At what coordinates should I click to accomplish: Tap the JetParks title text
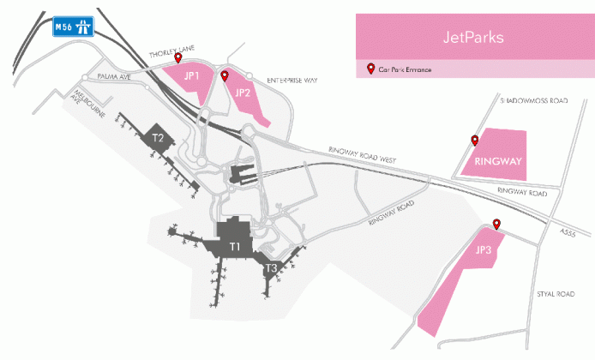click(x=473, y=38)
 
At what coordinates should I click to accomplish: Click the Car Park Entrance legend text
click(x=405, y=69)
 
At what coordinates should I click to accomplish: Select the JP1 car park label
click(x=192, y=75)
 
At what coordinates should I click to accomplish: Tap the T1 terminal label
click(x=236, y=246)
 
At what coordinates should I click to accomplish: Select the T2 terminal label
click(x=158, y=137)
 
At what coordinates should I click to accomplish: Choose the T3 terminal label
click(x=270, y=268)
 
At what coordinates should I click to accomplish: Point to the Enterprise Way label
click(x=291, y=80)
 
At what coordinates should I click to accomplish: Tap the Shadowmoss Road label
click(x=533, y=100)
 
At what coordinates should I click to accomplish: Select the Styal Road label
click(x=555, y=293)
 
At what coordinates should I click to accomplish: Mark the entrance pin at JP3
click(x=496, y=225)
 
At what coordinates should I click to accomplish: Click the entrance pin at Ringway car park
click(x=474, y=140)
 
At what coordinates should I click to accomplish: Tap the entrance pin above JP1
click(x=178, y=58)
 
